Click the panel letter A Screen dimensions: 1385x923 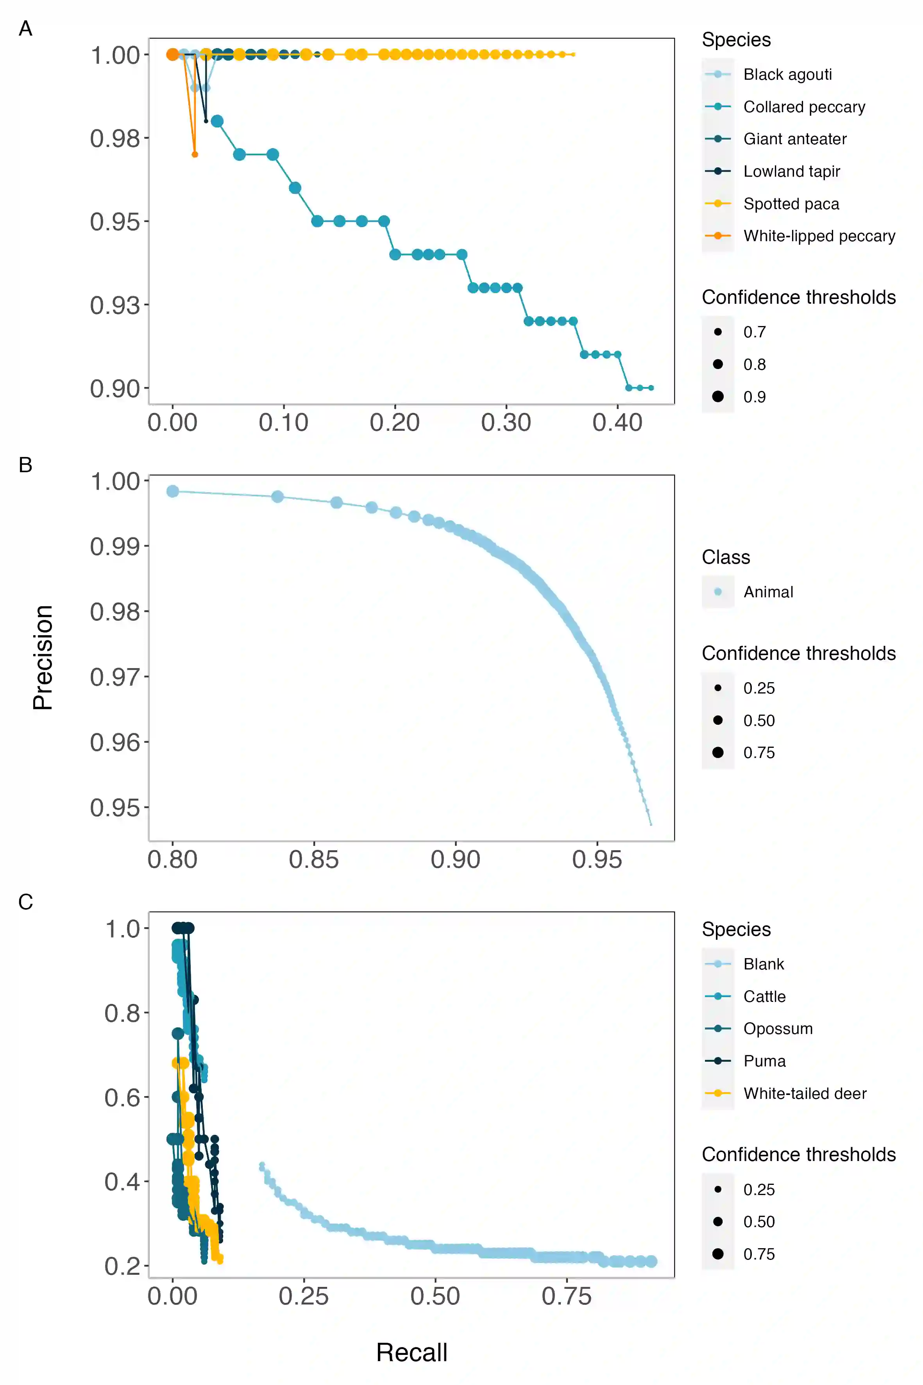pyautogui.click(x=25, y=28)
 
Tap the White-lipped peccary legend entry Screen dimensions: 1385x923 pyautogui.click(x=819, y=236)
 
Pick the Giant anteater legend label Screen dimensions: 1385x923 pyautogui.click(x=795, y=139)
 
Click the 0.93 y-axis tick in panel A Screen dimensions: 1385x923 pyautogui.click(x=115, y=305)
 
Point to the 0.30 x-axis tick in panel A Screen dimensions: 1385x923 pyautogui.click(x=506, y=422)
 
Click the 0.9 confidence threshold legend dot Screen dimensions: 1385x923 pyautogui.click(x=717, y=396)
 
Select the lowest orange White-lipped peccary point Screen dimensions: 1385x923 pyautogui.click(x=195, y=154)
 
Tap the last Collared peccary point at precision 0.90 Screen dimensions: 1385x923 pyautogui.click(x=651, y=387)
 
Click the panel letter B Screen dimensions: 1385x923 pyautogui.click(x=25, y=465)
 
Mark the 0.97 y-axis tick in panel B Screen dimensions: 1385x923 pyautogui.click(x=115, y=677)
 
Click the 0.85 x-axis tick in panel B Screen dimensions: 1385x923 pyautogui.click(x=314, y=859)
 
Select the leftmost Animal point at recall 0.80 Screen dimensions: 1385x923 pyautogui.click(x=172, y=491)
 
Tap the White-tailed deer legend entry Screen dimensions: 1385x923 pyautogui.click(x=804, y=1093)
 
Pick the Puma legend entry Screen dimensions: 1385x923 pyautogui.click(x=764, y=1061)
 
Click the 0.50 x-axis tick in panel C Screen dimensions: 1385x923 pyautogui.click(x=435, y=1296)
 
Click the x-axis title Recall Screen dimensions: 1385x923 pyautogui.click(x=411, y=1352)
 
